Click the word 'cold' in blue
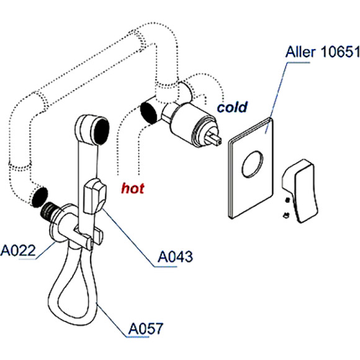tap(232, 107)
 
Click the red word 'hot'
tap(133, 189)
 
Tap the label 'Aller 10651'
tap(322, 52)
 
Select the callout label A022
tap(18, 250)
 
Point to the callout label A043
tap(175, 257)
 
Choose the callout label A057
tap(146, 328)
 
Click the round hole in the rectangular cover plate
tap(253, 164)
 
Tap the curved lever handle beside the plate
tap(300, 191)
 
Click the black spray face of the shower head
tap(101, 131)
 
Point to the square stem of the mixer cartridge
tap(214, 140)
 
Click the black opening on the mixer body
tap(148, 114)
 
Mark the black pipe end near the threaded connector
tap(40, 197)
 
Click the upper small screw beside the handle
tap(287, 200)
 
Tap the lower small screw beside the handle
tap(286, 215)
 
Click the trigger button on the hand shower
tap(94, 196)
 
